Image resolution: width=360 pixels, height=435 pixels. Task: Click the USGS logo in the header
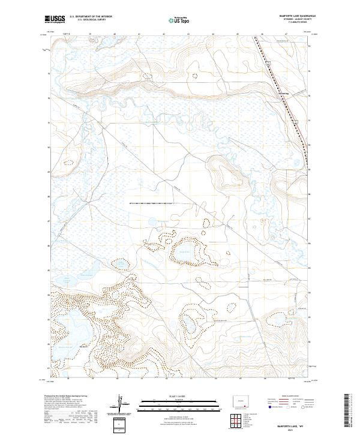[55, 20]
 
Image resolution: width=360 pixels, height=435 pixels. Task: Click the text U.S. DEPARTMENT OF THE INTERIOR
[91, 17]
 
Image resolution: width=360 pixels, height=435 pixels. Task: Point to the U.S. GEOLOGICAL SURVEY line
[91, 20]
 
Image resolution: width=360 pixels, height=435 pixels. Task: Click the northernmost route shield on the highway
[269, 62]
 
